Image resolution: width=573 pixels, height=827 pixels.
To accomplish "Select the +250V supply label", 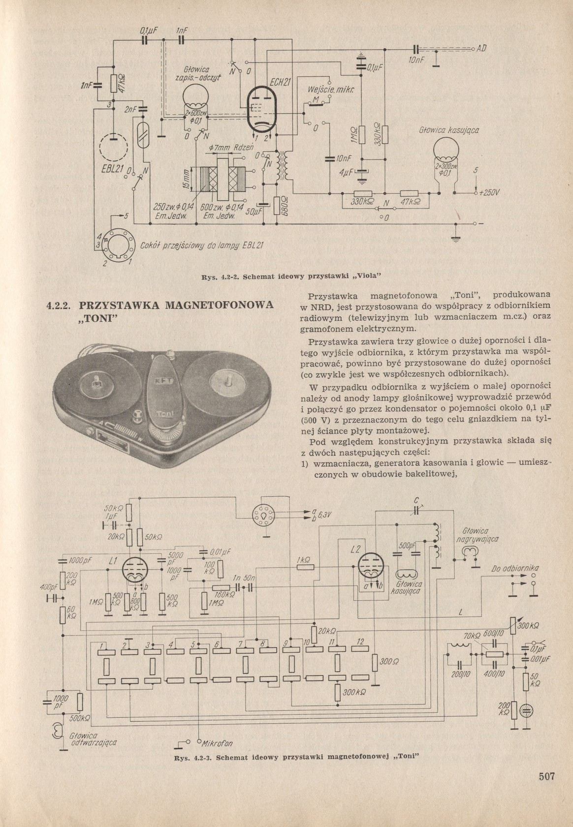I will (x=490, y=193).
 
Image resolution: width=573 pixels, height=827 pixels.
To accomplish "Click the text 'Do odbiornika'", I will (x=515, y=569).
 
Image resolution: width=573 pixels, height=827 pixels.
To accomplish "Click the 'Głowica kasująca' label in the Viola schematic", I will (x=448, y=130).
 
